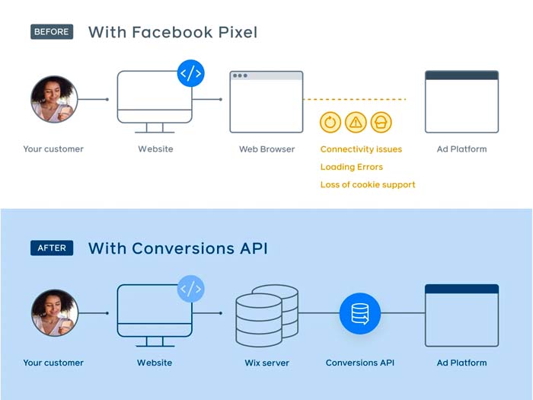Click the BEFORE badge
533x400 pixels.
[52, 32]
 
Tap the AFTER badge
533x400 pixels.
[52, 248]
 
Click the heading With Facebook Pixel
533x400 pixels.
[173, 32]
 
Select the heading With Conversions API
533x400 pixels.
[178, 248]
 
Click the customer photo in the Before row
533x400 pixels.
[54, 99]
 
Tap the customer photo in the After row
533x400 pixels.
[54, 313]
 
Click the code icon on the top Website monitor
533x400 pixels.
[190, 74]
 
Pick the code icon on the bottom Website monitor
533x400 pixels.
[190, 289]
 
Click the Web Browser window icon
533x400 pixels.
[266, 101]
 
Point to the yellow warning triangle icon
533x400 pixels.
[356, 122]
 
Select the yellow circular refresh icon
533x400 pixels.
[331, 122]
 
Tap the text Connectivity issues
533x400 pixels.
[361, 149]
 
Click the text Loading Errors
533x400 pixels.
[352, 167]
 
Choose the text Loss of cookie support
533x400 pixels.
[368, 184]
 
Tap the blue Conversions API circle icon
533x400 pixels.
[359, 313]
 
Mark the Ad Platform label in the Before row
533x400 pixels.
[461, 149]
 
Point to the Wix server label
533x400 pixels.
[266, 363]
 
